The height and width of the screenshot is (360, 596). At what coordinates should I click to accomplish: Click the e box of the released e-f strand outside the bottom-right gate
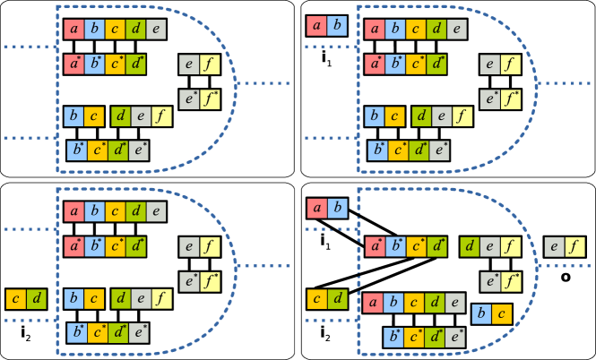tap(555, 245)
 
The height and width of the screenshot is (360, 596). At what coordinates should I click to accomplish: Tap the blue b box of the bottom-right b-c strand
tap(482, 313)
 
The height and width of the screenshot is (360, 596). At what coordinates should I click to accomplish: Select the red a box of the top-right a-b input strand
tap(316, 25)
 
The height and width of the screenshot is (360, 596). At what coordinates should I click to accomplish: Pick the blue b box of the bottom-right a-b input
tap(337, 209)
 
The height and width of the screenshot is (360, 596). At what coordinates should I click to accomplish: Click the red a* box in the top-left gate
tap(74, 64)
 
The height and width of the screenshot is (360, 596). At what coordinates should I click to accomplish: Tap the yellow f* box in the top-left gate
tap(209, 99)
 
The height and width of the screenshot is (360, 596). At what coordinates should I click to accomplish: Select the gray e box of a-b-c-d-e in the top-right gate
tap(457, 30)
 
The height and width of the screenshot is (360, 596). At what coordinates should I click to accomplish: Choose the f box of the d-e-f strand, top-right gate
tap(462, 116)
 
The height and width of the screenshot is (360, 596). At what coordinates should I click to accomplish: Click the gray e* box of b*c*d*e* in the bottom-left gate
tap(138, 333)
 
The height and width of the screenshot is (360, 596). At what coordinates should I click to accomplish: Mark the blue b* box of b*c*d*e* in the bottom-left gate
tap(78, 333)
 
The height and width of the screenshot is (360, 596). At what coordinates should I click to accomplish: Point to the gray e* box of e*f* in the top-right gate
tap(490, 99)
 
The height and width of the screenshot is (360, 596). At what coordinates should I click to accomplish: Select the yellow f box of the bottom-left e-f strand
tap(210, 245)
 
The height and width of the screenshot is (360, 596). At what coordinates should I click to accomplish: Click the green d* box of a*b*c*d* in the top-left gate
tap(134, 64)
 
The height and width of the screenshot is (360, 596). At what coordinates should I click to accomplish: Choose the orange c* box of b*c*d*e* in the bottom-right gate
tap(415, 338)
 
